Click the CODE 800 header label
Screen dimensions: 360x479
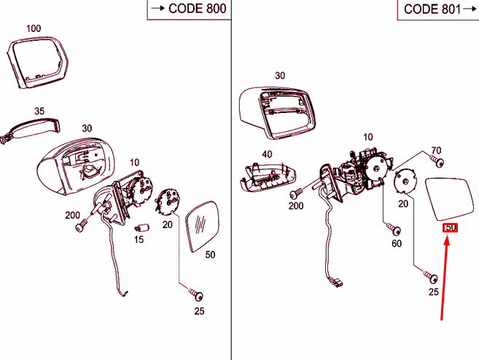pos(187,9)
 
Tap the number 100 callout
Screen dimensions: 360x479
pos(34,29)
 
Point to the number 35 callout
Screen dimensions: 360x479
pos(39,111)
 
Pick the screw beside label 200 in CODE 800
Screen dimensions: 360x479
pos(79,228)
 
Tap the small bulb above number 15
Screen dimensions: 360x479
pos(143,228)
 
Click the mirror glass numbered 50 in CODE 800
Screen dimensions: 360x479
pos(203,225)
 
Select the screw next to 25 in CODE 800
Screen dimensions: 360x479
pos(197,296)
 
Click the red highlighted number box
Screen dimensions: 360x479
pos(451,229)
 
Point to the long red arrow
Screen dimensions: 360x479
pos(445,277)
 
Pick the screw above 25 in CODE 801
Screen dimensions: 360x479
pos(431,278)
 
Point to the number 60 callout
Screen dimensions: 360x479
pos(397,243)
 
